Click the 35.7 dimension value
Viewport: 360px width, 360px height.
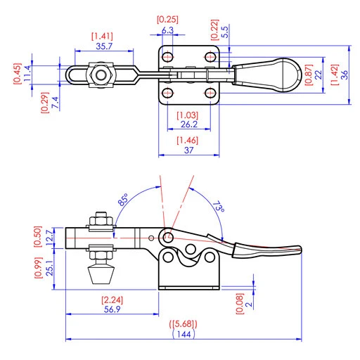coord(104,46)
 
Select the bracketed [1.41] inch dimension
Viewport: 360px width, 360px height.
coord(102,37)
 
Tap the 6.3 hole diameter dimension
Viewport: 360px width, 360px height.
coord(167,30)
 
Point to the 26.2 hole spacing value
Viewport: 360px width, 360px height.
coord(189,124)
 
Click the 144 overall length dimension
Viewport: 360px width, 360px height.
coord(184,334)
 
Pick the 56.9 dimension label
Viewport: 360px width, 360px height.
coord(112,309)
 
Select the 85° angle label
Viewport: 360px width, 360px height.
coord(123,200)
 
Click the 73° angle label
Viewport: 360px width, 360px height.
coord(219,206)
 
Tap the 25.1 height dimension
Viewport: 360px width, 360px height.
coord(49,268)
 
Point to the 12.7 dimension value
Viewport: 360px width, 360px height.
coord(49,238)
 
